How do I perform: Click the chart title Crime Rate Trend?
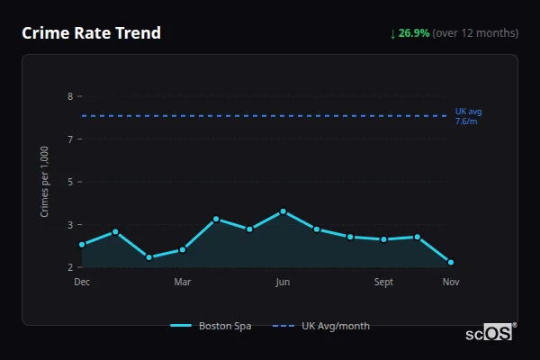91,33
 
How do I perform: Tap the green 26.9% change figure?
413,33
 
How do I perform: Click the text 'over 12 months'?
475,33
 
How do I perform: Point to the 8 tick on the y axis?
69,95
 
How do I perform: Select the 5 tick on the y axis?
69,182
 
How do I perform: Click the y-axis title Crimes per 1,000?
44,183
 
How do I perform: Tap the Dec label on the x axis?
82,283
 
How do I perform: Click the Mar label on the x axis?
182,283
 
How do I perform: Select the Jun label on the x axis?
283,283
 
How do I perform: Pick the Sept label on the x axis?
383,283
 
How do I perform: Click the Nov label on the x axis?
451,283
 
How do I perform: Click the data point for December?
82,245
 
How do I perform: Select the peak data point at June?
283,211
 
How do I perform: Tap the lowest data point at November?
451,263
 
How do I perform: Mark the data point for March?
183,249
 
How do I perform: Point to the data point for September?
383,239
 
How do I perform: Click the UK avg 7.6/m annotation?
468,116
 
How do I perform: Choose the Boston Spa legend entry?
211,326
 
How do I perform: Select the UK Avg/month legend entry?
321,326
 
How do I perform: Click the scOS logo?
490,333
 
